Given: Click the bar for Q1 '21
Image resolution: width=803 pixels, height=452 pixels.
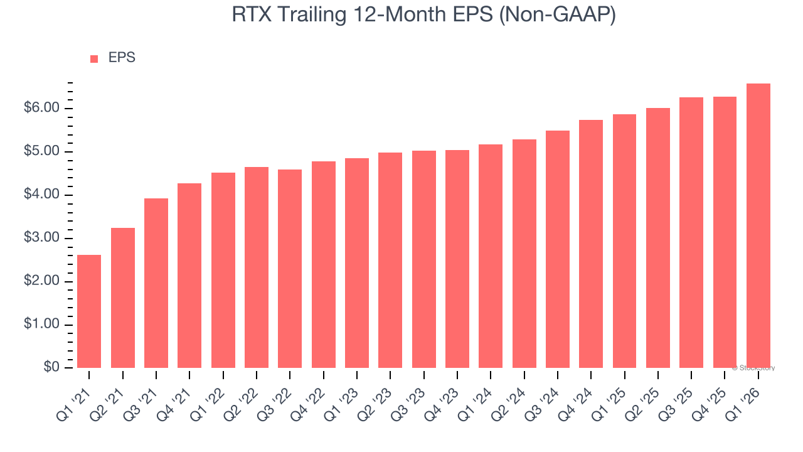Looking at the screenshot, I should tap(89, 311).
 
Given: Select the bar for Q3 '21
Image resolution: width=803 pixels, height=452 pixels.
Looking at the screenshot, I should tap(156, 283).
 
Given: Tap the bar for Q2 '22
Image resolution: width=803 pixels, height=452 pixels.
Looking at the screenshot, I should tap(257, 267).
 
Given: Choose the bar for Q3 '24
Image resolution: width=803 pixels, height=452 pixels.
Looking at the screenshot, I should tap(558, 249).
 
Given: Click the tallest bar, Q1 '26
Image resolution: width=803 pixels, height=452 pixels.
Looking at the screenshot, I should tap(758, 225).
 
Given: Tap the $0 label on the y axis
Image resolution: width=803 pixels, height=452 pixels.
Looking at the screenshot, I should tap(53, 368).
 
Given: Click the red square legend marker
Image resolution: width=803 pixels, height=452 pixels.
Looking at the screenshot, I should tap(94, 59).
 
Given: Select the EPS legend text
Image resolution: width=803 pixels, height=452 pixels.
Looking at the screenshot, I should tap(122, 58).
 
